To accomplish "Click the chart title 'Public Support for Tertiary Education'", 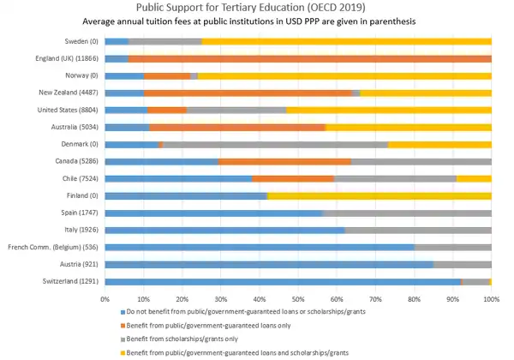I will (257, 8).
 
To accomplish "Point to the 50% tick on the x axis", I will (298, 300).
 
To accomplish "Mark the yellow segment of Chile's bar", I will (474, 178).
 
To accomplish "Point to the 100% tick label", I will (491, 300).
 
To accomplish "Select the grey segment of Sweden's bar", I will (165, 41).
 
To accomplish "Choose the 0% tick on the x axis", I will (105, 300).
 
